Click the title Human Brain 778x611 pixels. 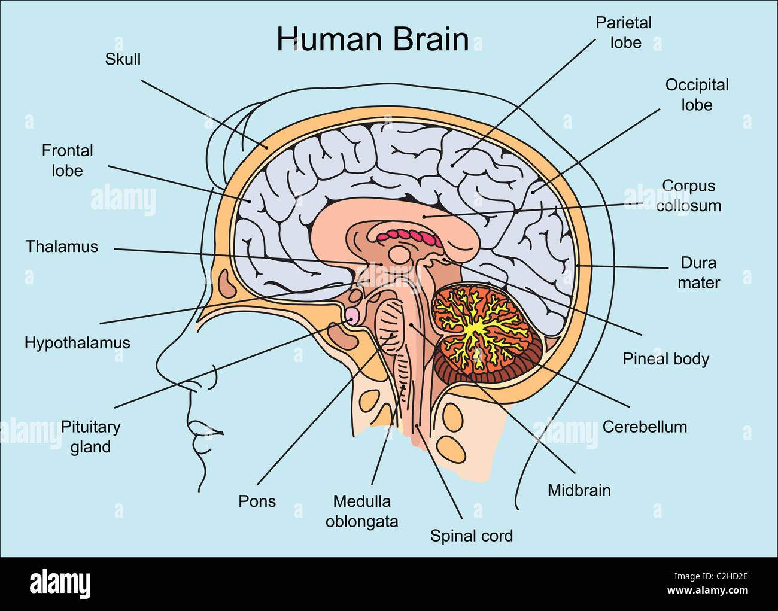(x=372, y=39)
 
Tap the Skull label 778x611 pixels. (x=123, y=59)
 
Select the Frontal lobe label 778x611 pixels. (x=67, y=160)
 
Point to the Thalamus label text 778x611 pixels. (x=62, y=247)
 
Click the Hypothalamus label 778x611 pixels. (x=77, y=343)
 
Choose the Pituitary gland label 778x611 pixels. (x=90, y=437)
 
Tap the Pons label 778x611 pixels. (x=257, y=501)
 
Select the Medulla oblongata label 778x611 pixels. (x=361, y=511)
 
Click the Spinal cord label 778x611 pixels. (x=472, y=536)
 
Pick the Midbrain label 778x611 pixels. (x=579, y=490)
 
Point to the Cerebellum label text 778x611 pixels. (x=645, y=427)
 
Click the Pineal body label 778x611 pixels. (x=665, y=359)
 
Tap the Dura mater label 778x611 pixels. (x=698, y=272)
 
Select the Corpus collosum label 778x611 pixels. (x=688, y=196)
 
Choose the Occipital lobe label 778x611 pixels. (x=697, y=95)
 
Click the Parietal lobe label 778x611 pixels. (x=624, y=32)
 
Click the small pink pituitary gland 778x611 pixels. (x=352, y=315)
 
